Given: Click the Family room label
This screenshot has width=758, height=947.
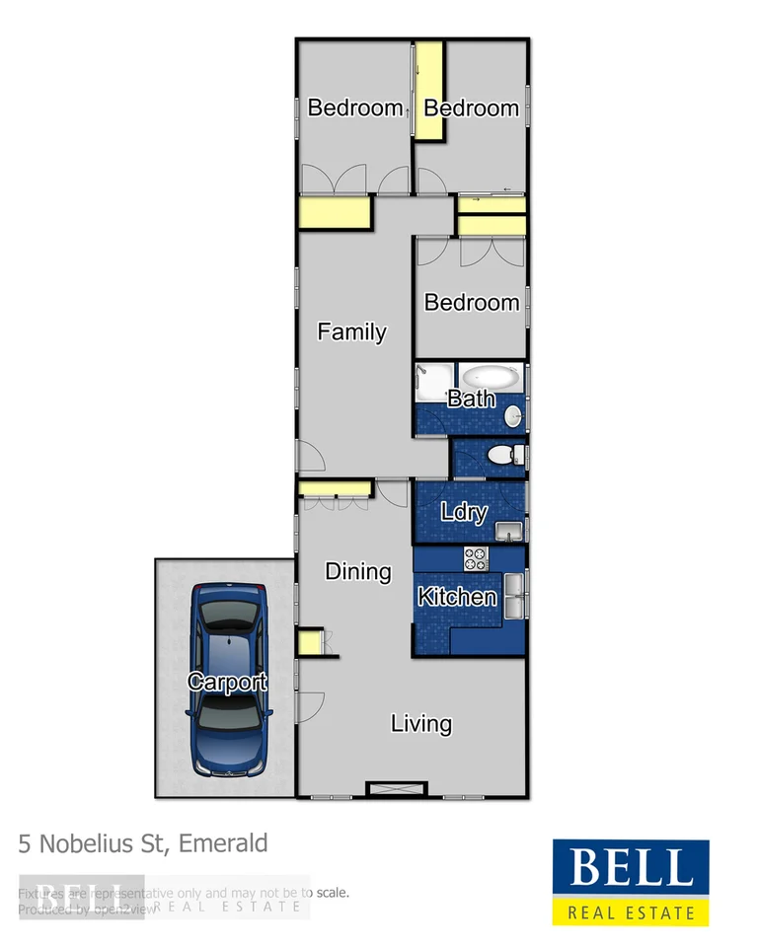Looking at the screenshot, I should point(351,332).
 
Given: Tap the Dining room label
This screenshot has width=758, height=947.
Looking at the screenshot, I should point(358,571).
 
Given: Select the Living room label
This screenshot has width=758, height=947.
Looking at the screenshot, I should point(421,724).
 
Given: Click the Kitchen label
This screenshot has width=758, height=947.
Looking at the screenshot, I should point(457,597).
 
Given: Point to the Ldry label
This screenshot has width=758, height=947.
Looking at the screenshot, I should point(464,512).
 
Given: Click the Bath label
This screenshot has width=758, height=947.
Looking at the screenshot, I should point(471,400).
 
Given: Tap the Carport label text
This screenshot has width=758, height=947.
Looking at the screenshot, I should point(227,682).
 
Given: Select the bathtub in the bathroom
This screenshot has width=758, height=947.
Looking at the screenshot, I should point(491,378).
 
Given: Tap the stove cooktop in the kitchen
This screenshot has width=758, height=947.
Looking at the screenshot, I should point(477,558).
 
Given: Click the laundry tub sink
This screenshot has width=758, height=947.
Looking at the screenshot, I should point(508,532).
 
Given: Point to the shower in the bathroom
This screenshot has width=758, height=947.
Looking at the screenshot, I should point(432,382).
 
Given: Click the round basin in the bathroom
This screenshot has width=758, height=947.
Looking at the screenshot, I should point(514,417).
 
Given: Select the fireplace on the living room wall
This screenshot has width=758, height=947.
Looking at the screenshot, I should point(396,788).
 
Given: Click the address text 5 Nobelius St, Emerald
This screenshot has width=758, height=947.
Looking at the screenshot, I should point(143,843).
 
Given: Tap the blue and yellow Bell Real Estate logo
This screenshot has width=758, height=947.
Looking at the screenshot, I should point(630,883).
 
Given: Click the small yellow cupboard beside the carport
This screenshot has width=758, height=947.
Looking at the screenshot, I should point(309,643).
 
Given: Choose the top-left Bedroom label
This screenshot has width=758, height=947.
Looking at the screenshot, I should point(355,108).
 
